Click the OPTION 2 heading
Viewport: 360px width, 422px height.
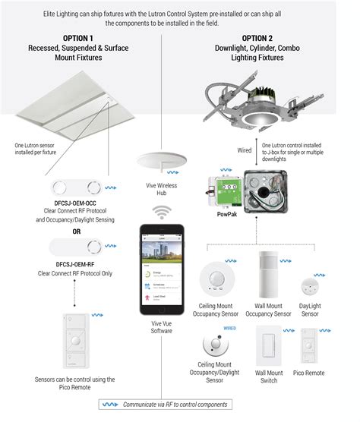261,37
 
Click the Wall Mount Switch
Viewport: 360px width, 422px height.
268,344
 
